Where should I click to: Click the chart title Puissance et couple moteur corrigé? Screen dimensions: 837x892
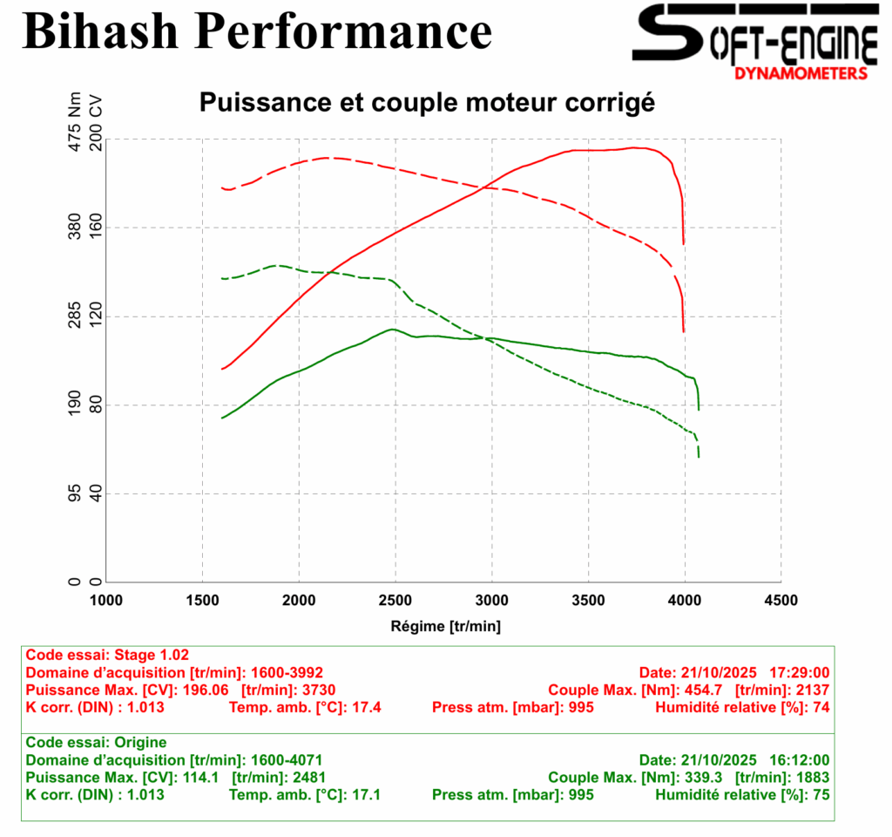click(427, 103)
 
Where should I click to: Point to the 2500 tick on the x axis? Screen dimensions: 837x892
click(395, 600)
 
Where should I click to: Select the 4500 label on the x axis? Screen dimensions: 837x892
click(780, 600)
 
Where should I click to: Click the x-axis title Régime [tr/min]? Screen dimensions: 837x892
click(444, 625)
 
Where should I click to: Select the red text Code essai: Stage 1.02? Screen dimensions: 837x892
click(107, 655)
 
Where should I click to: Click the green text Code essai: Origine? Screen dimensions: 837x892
click(95, 742)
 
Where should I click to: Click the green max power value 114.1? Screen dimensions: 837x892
click(199, 777)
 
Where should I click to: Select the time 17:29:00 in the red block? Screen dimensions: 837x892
click(799, 672)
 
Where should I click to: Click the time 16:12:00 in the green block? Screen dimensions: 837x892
click(799, 759)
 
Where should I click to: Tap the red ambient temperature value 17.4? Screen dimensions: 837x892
click(365, 707)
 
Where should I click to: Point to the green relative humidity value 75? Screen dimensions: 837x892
click(820, 794)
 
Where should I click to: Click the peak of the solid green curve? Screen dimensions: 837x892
click(393, 329)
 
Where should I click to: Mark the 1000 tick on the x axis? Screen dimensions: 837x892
click(106, 600)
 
